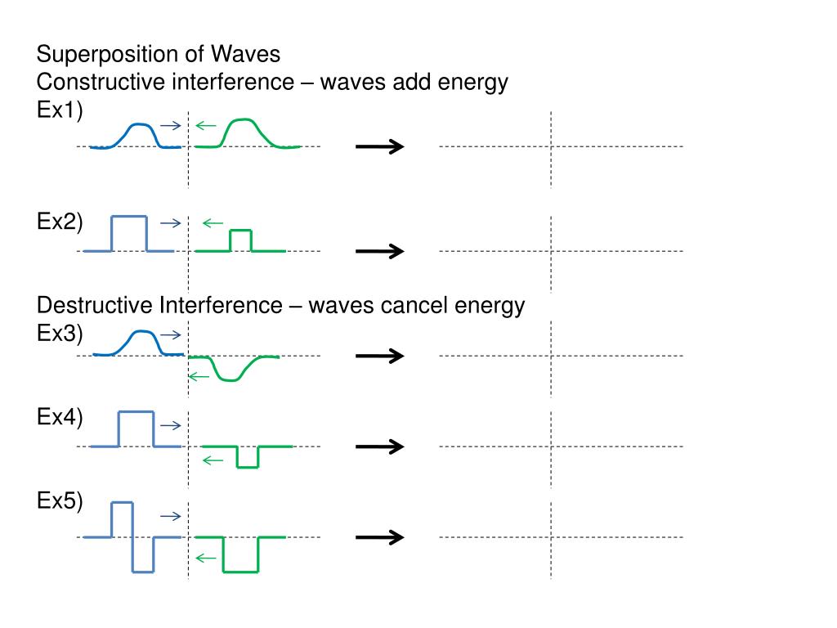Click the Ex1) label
[x=60, y=110]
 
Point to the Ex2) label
[x=60, y=222]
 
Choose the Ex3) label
[x=60, y=334]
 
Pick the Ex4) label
[x=60, y=417]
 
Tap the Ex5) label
[x=60, y=501]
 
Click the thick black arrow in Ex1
[x=380, y=146]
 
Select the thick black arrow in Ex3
[x=380, y=356]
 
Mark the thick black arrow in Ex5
[x=380, y=537]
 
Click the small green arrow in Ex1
[x=205, y=125]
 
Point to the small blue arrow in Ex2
[x=171, y=223]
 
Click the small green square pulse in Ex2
[x=241, y=230]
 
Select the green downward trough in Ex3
[x=230, y=379]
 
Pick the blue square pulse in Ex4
[x=137, y=412]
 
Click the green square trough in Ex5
[x=241, y=572]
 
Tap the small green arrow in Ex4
[x=213, y=460]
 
